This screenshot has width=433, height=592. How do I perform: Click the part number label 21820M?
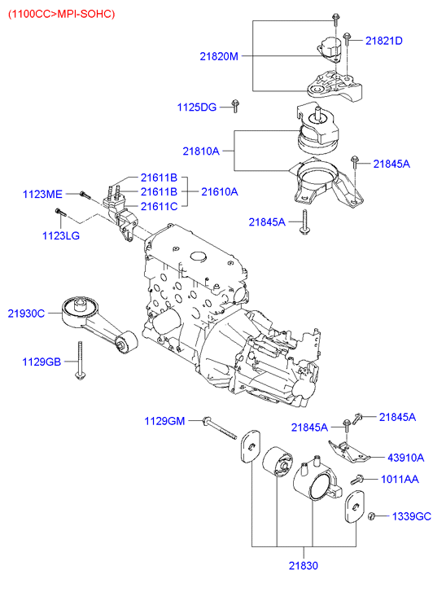pyautogui.click(x=219, y=56)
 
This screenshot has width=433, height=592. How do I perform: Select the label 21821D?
pyautogui.click(x=383, y=40)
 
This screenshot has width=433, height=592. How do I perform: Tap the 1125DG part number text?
pyautogui.click(x=197, y=107)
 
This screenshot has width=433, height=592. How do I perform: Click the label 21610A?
pyautogui.click(x=220, y=191)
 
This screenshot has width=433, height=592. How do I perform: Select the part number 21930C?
pyautogui.click(x=28, y=312)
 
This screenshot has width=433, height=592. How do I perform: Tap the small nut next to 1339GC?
pyautogui.click(x=371, y=516)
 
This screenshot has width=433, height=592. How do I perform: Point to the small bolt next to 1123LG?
pyautogui.click(x=59, y=213)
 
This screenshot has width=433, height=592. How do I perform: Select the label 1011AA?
pyautogui.click(x=399, y=480)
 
